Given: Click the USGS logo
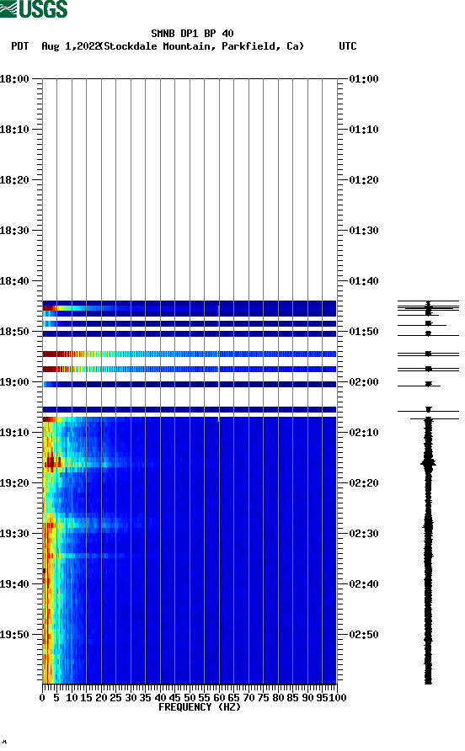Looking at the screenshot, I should click(34, 10).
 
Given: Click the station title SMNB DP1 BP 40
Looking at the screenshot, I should click(192, 34).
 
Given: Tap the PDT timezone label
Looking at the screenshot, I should click(20, 46).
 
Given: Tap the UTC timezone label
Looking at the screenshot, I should click(348, 46).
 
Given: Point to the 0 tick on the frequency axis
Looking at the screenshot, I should click(42, 697).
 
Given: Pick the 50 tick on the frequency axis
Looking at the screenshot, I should click(190, 697).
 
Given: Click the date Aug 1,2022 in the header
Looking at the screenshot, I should click(71, 46).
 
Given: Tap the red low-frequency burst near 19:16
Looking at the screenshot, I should click(52, 461).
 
